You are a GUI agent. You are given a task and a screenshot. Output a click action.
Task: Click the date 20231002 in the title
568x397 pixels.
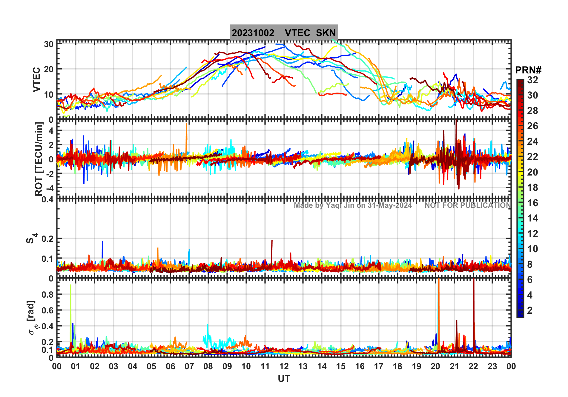coord(253,33)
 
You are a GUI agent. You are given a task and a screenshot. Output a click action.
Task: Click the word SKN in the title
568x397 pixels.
coord(326,33)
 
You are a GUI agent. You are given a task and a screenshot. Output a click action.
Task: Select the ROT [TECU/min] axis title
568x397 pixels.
coord(39,159)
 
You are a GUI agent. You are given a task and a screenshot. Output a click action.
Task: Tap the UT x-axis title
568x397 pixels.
coord(284,379)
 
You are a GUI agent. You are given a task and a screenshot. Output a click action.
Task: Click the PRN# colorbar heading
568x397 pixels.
coord(528,70)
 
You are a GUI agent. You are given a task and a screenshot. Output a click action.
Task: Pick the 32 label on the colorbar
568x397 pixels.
coord(532,80)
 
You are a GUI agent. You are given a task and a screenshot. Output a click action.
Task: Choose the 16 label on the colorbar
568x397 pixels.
coord(532,203)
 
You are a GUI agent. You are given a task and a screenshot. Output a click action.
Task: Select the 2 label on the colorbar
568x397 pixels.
coord(530,310)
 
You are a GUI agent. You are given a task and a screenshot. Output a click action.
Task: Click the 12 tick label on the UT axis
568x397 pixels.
coord(284,367)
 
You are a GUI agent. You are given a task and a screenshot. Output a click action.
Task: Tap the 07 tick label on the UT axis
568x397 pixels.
coord(189,367)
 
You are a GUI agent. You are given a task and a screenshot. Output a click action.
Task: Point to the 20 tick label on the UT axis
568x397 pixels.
coord(435,367)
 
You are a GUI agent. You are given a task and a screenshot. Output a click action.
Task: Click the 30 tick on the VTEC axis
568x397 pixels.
coord(49,44)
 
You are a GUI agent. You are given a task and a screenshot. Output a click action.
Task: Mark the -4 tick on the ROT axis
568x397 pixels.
coord(49,188)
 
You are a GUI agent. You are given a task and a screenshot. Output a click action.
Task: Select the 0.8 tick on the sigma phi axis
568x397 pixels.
coord(48,295)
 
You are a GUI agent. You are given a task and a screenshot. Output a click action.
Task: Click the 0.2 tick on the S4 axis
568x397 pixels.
coord(48,239)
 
